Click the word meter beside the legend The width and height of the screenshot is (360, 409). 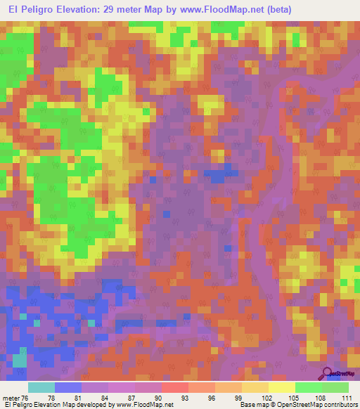point(11,397)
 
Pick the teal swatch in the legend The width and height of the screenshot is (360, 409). point(41,387)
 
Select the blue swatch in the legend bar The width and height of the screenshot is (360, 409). point(67,387)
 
